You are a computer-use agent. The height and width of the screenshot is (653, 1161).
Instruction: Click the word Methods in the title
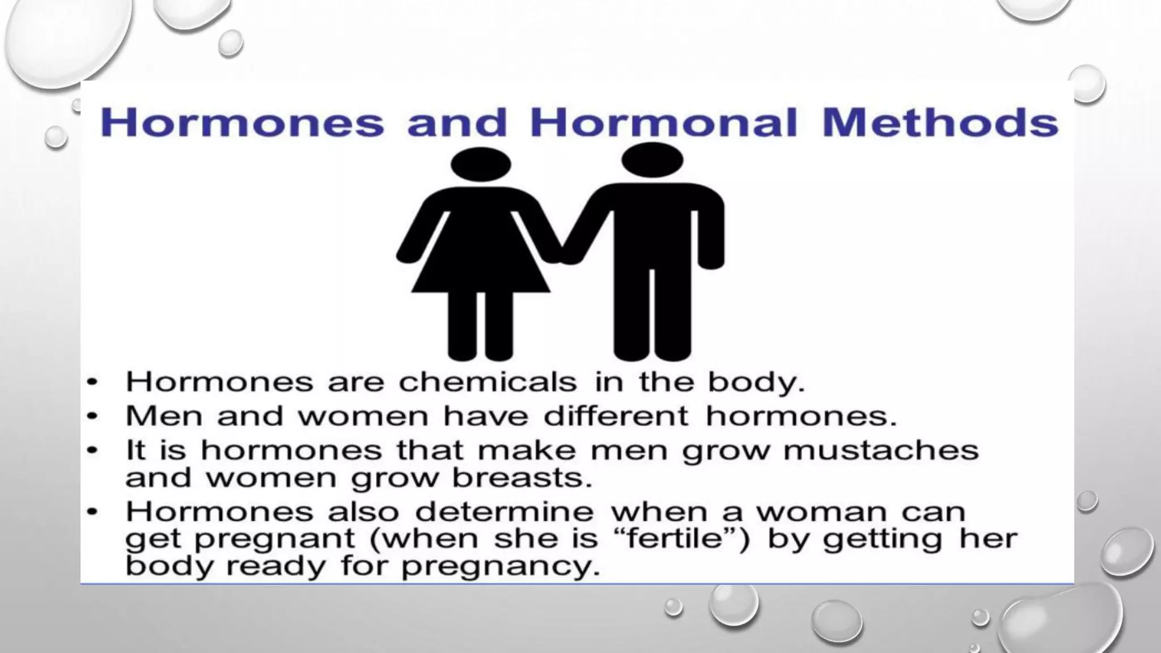939,122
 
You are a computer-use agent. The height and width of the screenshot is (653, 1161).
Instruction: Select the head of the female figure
481,165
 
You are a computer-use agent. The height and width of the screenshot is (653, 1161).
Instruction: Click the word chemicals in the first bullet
488,382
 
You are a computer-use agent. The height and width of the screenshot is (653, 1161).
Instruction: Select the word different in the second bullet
616,416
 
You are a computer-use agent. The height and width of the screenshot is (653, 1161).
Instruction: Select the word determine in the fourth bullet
504,512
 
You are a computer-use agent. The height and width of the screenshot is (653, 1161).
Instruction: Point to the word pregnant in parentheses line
274,539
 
